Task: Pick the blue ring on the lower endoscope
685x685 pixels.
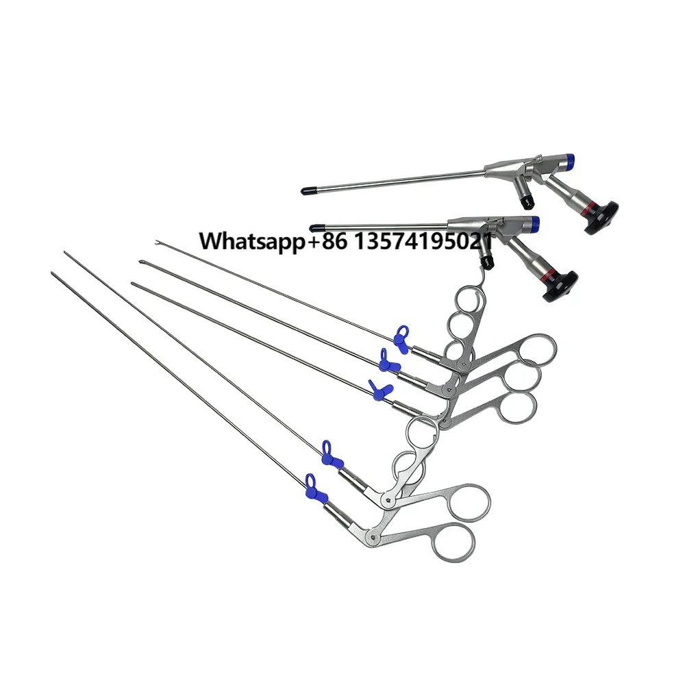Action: click(533, 221)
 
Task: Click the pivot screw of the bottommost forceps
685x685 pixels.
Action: click(371, 535)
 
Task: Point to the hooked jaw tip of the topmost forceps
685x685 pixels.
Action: click(158, 241)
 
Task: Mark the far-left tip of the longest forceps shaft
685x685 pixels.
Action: click(53, 274)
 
